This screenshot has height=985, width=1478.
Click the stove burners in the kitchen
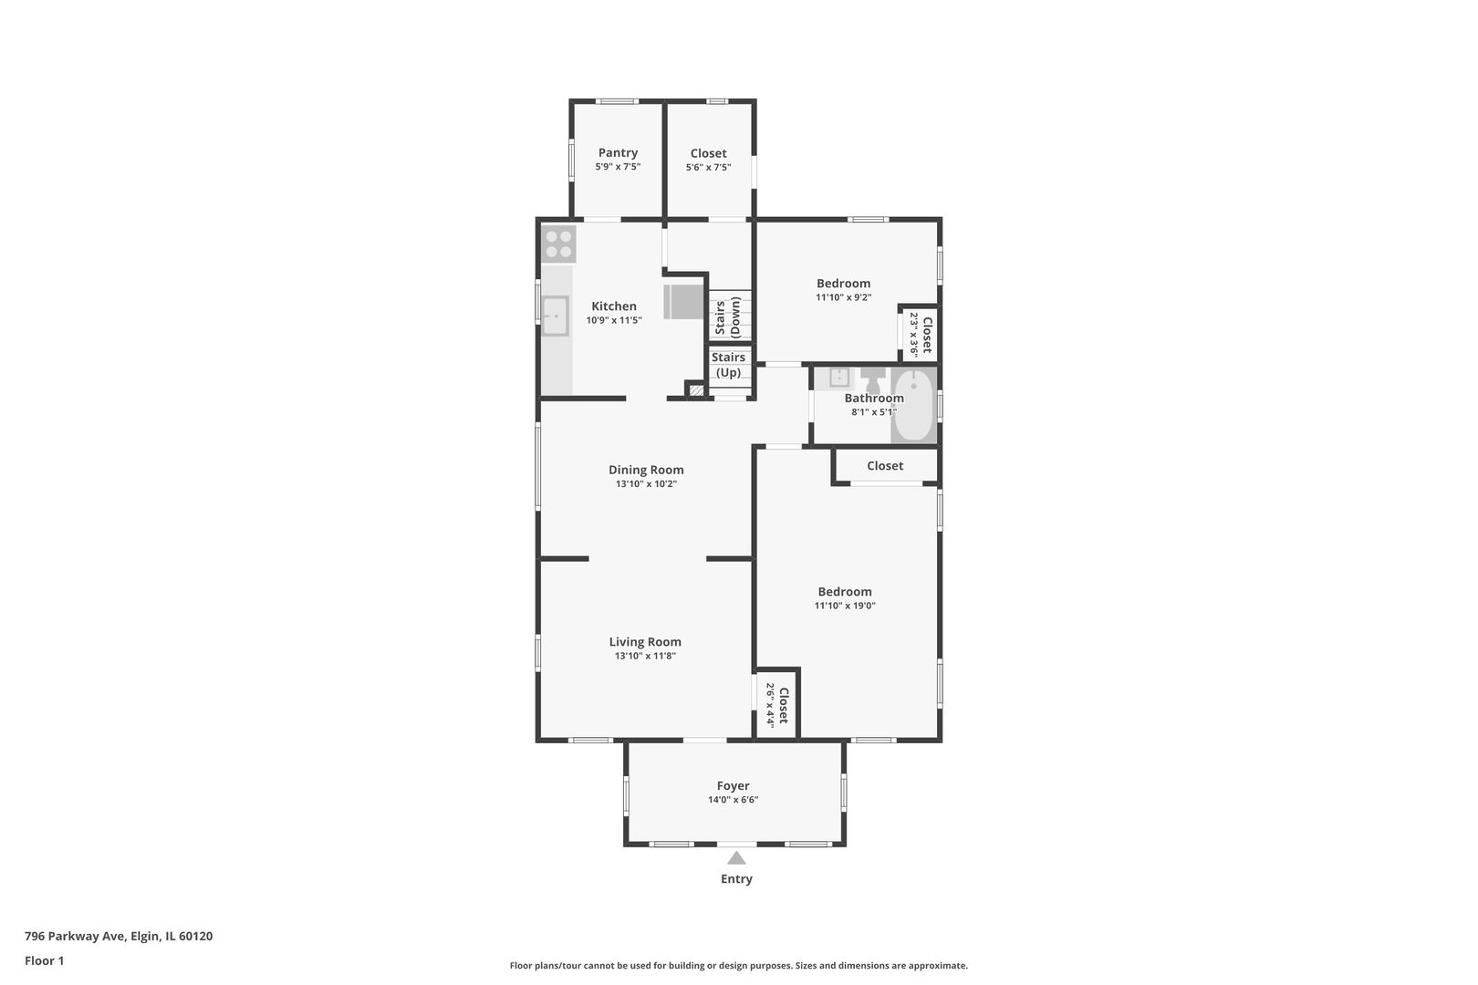(x=558, y=244)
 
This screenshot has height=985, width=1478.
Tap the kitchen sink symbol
(x=555, y=316)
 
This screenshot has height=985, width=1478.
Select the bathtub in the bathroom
(x=913, y=404)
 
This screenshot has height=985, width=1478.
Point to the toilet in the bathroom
(x=873, y=380)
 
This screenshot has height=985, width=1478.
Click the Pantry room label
(x=618, y=152)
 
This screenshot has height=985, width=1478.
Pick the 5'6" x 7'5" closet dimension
(x=708, y=168)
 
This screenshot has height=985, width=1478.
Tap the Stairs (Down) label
(x=728, y=317)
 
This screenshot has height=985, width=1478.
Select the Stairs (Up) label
(x=728, y=365)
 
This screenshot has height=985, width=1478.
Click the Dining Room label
(x=646, y=470)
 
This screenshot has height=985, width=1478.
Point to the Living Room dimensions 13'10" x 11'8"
(x=645, y=656)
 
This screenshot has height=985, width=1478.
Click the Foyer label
(x=733, y=786)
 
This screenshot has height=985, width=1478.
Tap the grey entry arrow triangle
(x=736, y=857)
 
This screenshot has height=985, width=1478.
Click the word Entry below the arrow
(x=736, y=879)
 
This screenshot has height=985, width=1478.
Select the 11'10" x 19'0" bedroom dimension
(x=845, y=606)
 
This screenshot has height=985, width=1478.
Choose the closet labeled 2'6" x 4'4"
(x=777, y=705)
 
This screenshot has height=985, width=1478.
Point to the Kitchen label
(x=614, y=306)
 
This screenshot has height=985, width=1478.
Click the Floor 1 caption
(x=44, y=960)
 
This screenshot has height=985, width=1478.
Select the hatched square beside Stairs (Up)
(x=695, y=390)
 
